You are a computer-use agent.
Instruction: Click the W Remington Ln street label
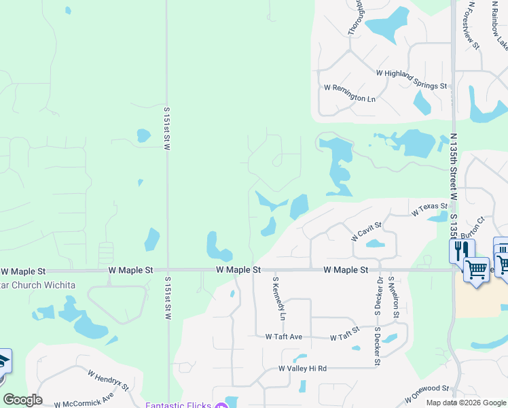point(350,99)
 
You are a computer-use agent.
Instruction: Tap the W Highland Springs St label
point(412,80)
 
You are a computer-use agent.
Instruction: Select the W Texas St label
point(430,210)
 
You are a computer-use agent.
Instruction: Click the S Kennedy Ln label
point(278,298)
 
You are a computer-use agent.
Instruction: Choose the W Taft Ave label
point(284,337)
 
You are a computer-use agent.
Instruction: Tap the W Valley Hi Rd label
point(302,369)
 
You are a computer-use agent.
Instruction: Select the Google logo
point(22,400)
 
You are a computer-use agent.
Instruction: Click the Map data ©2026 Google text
point(466,403)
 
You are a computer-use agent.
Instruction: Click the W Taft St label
point(344,337)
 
